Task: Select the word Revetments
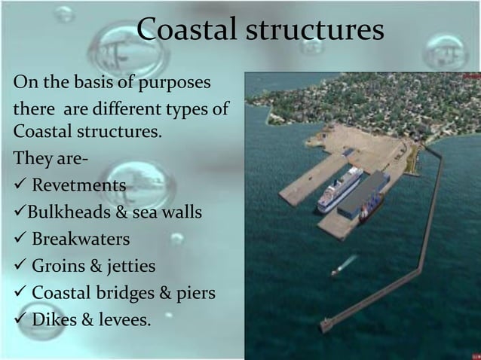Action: point(78,185)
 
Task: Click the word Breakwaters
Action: point(81,239)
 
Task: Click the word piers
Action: point(195,293)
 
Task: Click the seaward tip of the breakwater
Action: point(325,326)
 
